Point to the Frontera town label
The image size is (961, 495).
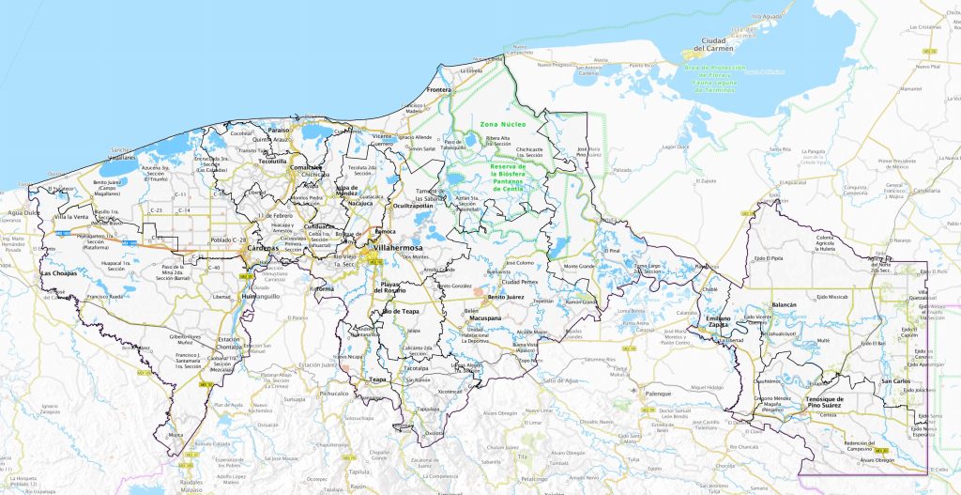439,90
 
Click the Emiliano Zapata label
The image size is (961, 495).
720,321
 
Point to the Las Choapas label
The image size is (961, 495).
58,273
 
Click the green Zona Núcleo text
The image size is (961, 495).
503,124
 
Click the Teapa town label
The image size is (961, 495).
377,379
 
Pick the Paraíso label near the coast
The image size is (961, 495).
279,131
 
